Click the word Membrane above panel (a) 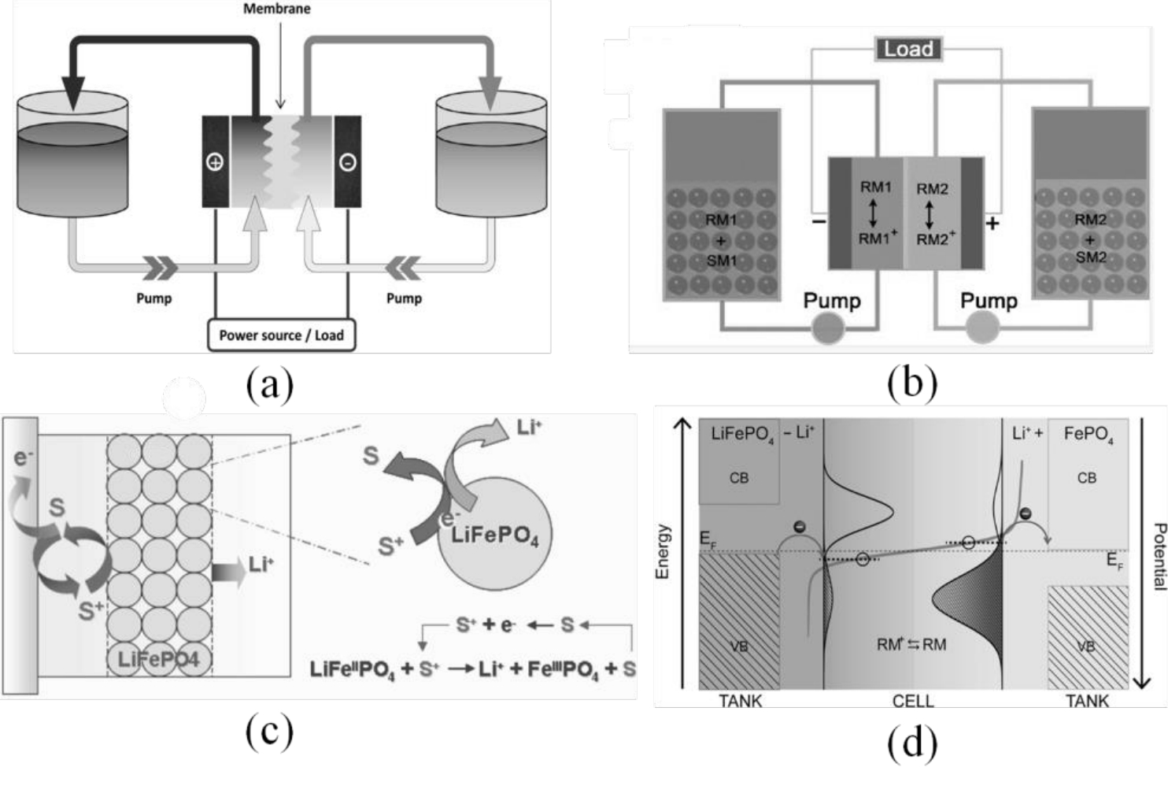click(x=276, y=9)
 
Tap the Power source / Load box click(x=281, y=335)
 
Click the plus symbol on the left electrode click(x=214, y=162)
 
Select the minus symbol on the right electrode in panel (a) click(x=347, y=162)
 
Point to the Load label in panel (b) click(x=908, y=49)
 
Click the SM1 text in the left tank click(x=722, y=261)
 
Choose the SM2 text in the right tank click(x=1091, y=258)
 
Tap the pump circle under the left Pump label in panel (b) click(x=828, y=328)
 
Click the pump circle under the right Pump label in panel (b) click(x=982, y=328)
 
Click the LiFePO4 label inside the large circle click(x=494, y=536)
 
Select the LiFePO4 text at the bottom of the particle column click(x=158, y=658)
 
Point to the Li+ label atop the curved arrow click(x=530, y=428)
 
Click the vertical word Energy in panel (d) click(x=663, y=551)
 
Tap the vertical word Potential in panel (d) click(x=1159, y=556)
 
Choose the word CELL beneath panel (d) click(x=913, y=700)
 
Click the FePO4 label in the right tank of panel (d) click(x=1088, y=434)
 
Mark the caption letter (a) click(x=269, y=385)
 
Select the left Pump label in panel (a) click(x=153, y=298)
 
